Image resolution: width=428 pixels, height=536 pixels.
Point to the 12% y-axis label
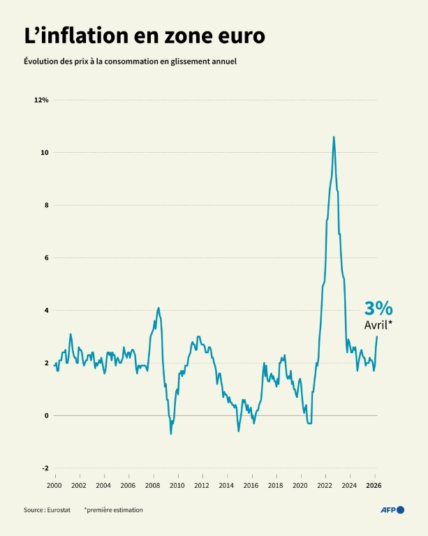pos(41,100)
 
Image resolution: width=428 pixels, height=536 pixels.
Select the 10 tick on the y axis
pos(44,152)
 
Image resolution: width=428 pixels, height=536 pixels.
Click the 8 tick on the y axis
pos(45,205)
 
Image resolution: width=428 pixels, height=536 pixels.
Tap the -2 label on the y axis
pos(45,468)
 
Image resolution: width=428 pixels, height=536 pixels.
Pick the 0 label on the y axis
pos(46,415)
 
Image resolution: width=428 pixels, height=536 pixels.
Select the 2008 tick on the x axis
pos(152,485)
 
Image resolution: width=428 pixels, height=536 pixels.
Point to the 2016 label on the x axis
pos(251,485)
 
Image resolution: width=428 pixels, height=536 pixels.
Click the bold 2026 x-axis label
pos(374,485)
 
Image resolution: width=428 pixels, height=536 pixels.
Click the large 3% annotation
pos(378,308)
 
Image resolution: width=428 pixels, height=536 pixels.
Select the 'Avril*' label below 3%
pos(378,325)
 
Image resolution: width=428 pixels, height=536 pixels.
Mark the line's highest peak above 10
pos(334,137)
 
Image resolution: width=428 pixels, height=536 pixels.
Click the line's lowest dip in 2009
pos(170,434)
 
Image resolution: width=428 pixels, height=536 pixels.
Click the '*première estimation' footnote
pos(113,510)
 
